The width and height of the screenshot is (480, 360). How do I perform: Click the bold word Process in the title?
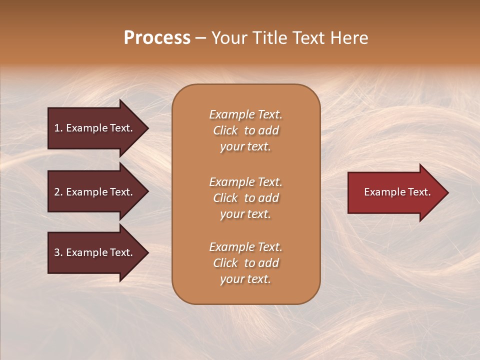[x=157, y=38]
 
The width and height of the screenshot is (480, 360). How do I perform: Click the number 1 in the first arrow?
[x=57, y=128]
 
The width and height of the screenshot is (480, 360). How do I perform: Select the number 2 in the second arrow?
[x=57, y=192]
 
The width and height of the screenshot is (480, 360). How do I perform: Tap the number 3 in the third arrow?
[x=57, y=252]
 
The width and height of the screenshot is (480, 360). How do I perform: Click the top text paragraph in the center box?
[x=245, y=130]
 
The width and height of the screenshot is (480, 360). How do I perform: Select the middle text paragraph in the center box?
[x=245, y=197]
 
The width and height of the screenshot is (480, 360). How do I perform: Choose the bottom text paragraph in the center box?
[x=245, y=263]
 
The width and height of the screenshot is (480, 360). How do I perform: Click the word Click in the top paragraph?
[x=225, y=130]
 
